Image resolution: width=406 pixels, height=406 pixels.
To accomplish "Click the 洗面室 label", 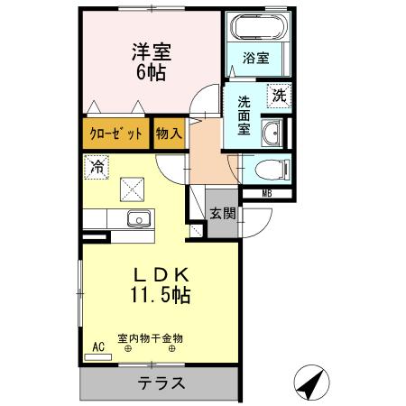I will pos(244,115).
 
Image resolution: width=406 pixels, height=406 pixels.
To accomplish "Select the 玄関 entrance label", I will pos(223,214).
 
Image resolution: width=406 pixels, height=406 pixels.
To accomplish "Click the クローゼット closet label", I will pos(116,134).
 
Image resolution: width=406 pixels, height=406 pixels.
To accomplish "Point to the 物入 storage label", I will pos(169,134).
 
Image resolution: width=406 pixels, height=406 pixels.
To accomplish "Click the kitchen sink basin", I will pos(139,219).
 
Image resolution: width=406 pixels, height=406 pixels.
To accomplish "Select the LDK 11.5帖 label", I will pos(162,283).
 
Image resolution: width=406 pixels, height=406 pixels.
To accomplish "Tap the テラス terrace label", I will pos(162,383).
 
